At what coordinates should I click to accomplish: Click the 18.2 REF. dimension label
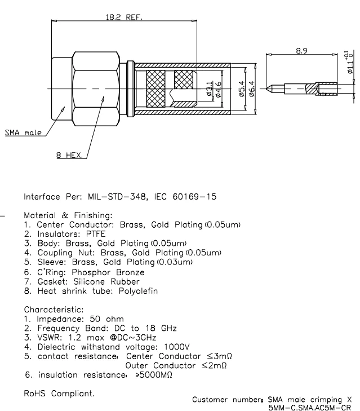pyautogui.click(x=125, y=17)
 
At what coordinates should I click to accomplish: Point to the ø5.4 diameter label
pyautogui.click(x=241, y=89)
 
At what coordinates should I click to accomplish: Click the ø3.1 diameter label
pyautogui.click(x=210, y=89)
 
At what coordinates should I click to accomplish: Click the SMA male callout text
pyautogui.click(x=20, y=134)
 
